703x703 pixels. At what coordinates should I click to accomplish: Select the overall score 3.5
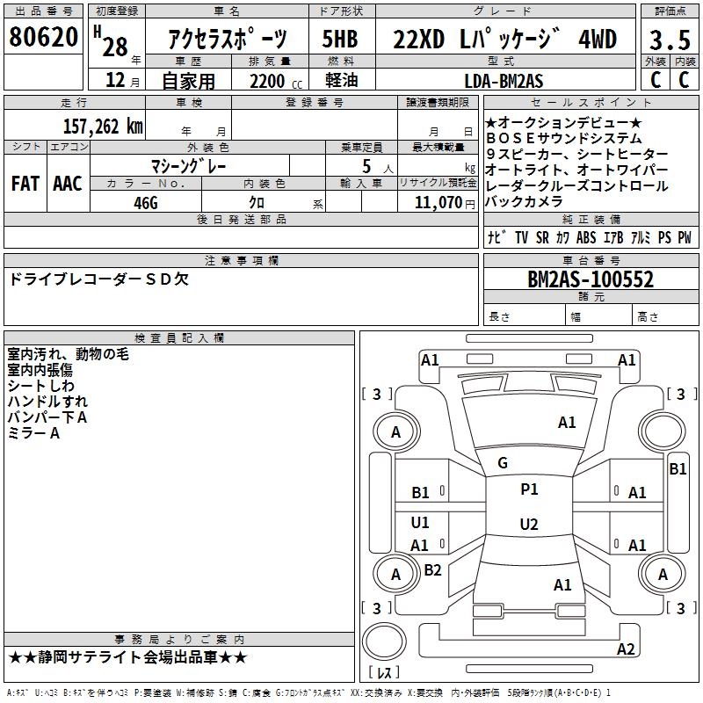pos(668,41)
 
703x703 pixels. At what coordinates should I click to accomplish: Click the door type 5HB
pos(341,40)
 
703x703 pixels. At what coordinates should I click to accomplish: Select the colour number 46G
pos(145,201)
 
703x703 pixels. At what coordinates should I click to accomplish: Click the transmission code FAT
pos(25,184)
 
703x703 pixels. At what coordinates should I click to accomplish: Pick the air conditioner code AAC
pos(67,184)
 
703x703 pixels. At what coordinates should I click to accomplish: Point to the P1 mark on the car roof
pos(529,489)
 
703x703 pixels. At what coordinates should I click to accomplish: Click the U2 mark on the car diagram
pos(528,525)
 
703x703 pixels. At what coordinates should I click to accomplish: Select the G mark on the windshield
pos(503,463)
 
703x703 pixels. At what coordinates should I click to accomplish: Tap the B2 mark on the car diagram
pos(432,570)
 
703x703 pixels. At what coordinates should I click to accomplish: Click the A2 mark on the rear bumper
pos(626,649)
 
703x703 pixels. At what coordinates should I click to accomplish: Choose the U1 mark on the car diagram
pos(420,523)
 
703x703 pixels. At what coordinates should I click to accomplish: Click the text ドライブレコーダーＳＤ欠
pos(98,279)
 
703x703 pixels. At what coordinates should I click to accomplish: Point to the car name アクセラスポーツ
pos(227,40)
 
